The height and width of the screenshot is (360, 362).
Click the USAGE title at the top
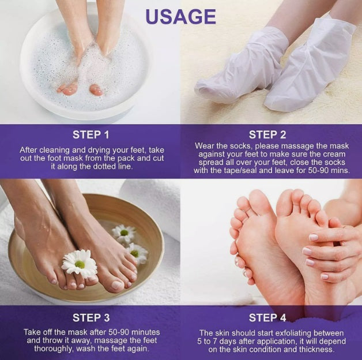181,17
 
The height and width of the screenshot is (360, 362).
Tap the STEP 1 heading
90,134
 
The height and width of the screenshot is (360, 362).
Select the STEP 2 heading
267,134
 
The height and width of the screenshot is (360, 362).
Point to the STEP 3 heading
91,318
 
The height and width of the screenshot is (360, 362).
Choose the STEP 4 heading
267,318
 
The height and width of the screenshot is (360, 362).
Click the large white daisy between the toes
80,264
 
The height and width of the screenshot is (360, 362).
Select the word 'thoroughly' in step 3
54,348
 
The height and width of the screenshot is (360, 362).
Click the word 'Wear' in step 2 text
203,146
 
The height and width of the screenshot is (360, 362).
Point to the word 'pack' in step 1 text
127,159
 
